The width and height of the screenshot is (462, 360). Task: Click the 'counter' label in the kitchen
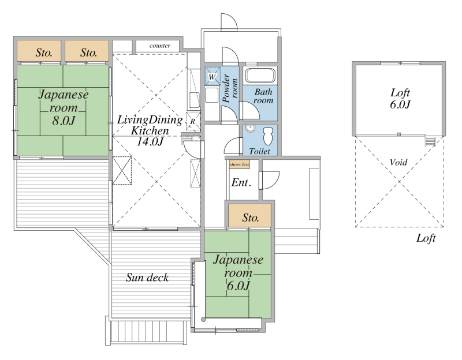click(x=160, y=46)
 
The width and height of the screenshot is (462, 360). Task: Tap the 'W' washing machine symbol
click(x=213, y=76)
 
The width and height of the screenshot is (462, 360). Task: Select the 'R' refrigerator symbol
click(x=193, y=121)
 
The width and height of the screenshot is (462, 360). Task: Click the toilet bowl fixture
click(x=268, y=136)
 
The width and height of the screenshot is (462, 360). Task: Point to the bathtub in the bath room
click(x=260, y=76)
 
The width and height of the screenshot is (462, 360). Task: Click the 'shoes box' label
click(x=240, y=164)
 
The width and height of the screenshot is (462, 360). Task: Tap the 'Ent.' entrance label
click(x=241, y=183)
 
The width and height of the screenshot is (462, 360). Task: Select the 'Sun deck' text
click(x=147, y=277)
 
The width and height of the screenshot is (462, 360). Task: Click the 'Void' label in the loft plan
click(x=398, y=162)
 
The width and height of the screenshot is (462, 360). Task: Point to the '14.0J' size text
click(x=150, y=141)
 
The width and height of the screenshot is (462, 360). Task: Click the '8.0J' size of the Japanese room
click(x=64, y=121)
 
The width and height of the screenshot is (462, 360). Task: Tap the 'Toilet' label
click(x=259, y=151)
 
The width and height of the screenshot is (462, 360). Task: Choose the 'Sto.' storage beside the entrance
click(x=250, y=216)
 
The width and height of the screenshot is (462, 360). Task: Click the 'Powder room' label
click(x=230, y=88)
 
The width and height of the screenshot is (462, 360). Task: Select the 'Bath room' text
click(x=263, y=96)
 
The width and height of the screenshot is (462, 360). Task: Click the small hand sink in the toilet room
click(x=250, y=129)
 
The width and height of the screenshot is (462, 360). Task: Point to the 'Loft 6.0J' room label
click(x=400, y=99)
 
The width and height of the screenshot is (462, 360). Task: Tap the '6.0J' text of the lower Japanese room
click(x=239, y=286)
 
